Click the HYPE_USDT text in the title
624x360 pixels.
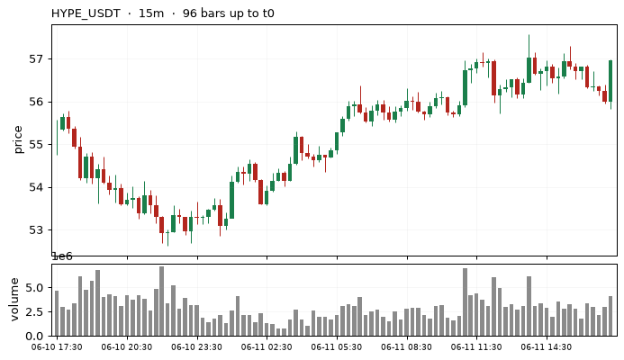[86, 13]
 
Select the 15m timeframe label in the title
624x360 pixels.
[151, 13]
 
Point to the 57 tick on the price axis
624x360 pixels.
[35, 59]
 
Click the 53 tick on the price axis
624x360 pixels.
[35, 230]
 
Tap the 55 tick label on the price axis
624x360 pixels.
[35, 145]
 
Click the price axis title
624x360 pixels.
[18, 139]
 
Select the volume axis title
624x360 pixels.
[14, 299]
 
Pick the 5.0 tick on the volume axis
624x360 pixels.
[34, 288]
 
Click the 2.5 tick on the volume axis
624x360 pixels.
[34, 312]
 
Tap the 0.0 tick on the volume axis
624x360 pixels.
[34, 337]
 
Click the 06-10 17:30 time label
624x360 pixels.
[57, 347]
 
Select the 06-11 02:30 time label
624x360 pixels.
[267, 347]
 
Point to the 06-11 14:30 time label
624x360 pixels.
[546, 347]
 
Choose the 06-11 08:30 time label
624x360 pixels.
[406, 347]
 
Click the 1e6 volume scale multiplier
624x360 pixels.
[62, 256]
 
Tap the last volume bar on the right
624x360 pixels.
[610, 316]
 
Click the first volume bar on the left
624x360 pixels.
[57, 313]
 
